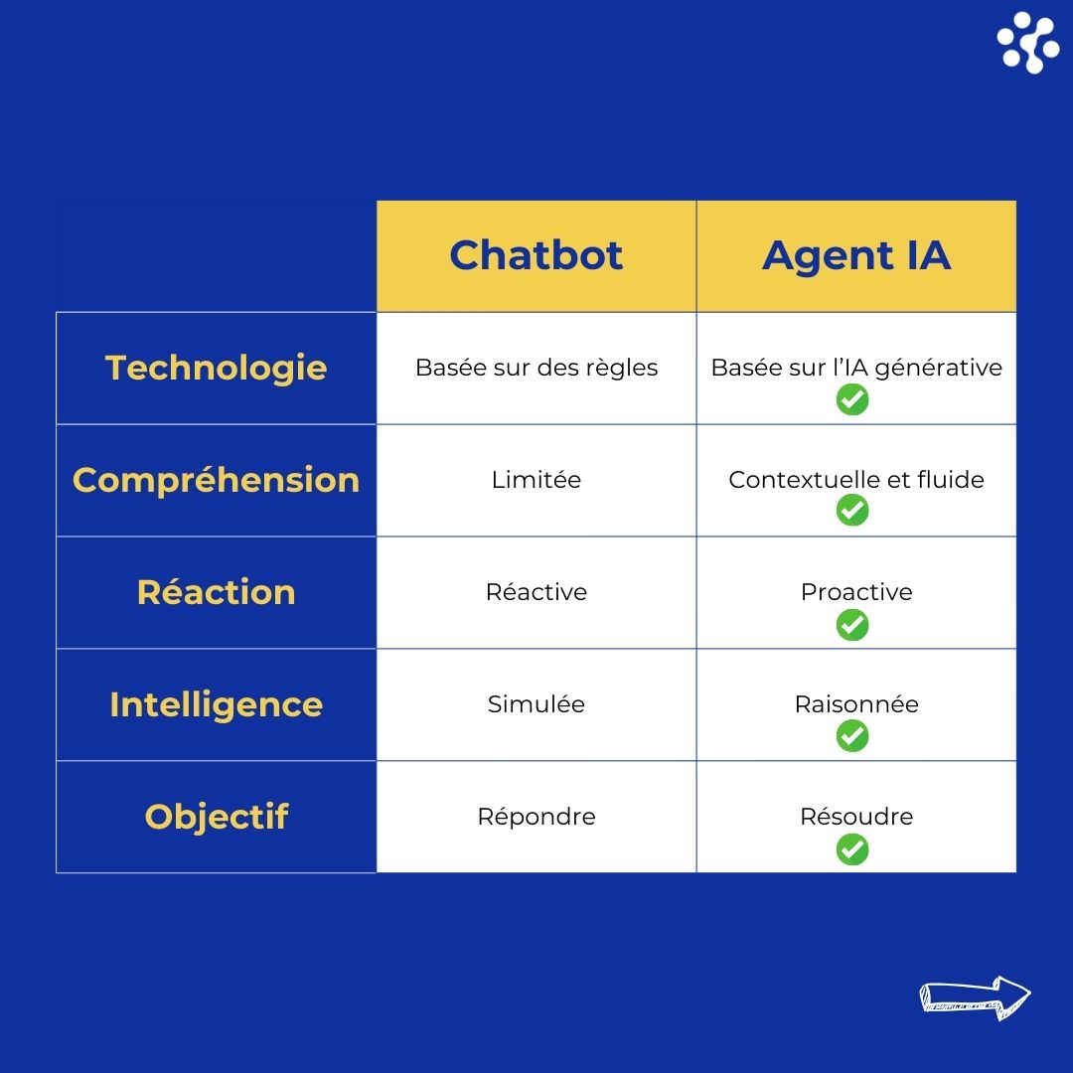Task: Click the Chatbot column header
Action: coord(536,255)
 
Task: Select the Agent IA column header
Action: coord(856,256)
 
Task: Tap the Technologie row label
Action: coord(217,369)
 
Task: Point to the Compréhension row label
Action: coord(217,481)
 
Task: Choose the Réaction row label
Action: coord(217,592)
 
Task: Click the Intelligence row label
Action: coord(217,704)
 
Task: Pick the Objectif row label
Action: coord(217,817)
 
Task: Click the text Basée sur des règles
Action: coord(536,369)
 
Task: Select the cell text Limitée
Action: coord(536,480)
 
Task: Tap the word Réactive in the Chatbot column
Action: coord(536,592)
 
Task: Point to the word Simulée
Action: coord(536,704)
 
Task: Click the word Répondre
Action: coord(536,817)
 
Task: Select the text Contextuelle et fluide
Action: coord(856,480)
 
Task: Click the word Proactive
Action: coord(856,592)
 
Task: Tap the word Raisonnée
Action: coord(856,704)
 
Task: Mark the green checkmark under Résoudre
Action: coord(852,849)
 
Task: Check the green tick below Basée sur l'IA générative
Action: coord(852,399)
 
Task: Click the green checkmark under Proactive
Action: coord(852,625)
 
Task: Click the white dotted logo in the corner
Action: coord(1028,43)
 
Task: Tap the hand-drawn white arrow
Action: coord(975,997)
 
